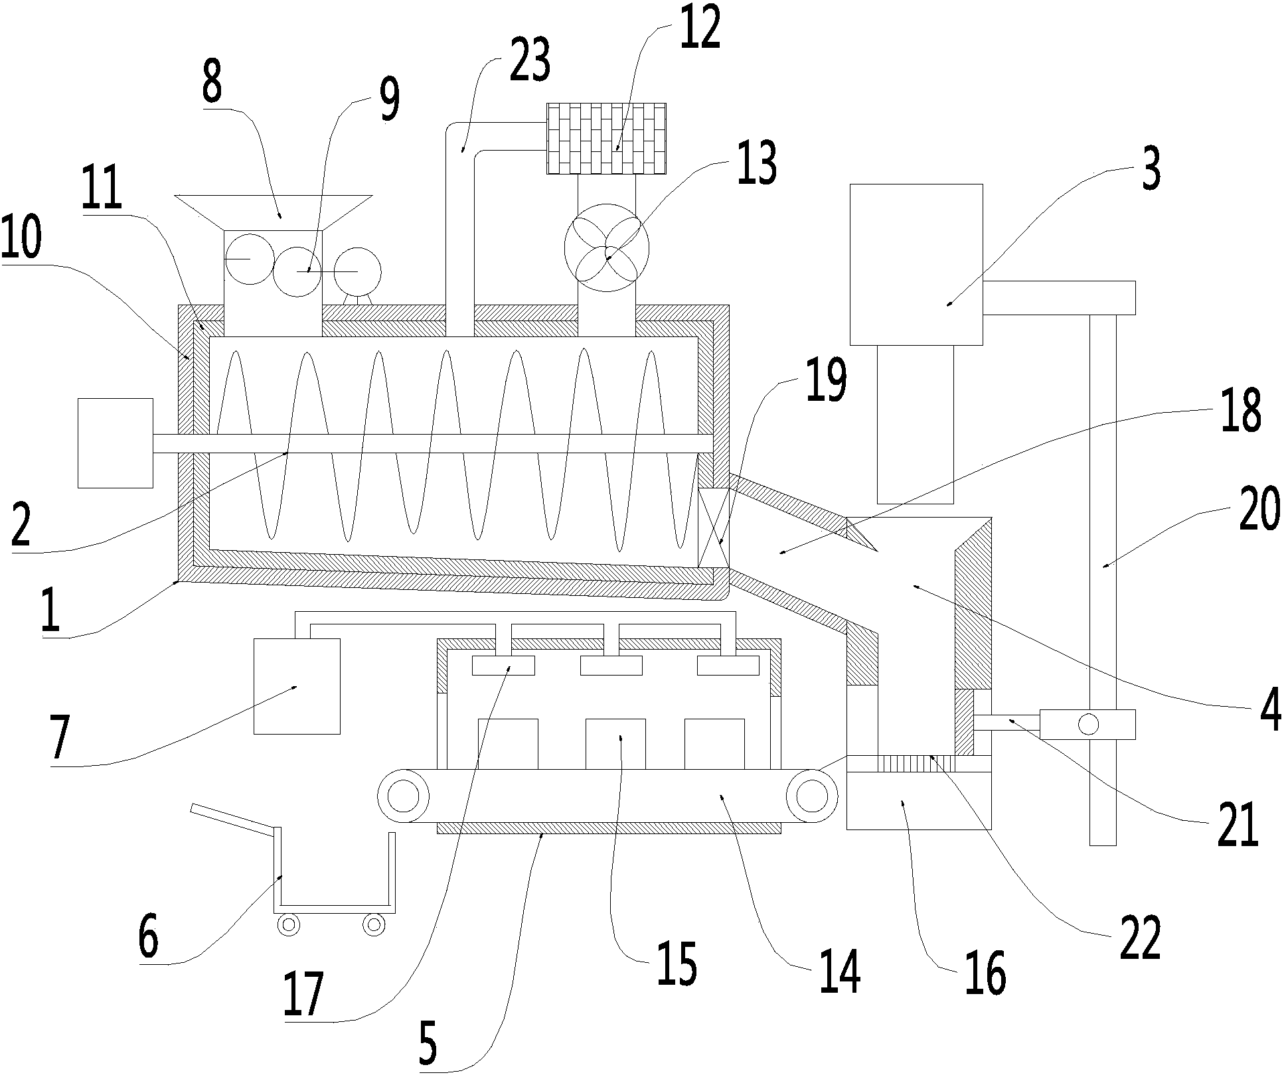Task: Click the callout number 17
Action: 303,993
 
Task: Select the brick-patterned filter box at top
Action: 605,138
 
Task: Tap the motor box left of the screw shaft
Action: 116,443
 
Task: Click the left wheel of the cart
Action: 289,924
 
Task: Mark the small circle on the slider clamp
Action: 1088,725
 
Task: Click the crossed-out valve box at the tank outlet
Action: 714,528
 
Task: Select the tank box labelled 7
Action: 297,686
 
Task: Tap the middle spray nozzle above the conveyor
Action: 611,666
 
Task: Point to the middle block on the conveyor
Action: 615,744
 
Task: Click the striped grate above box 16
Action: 916,764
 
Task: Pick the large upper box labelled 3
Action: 916,264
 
